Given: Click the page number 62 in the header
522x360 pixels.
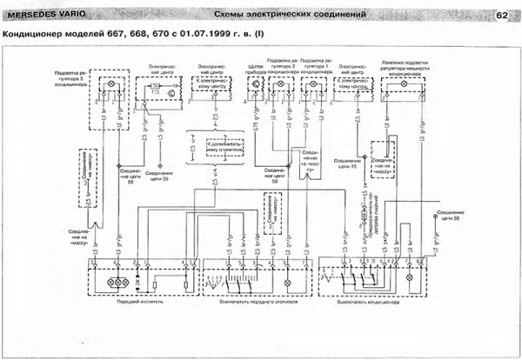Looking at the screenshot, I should click(502, 15).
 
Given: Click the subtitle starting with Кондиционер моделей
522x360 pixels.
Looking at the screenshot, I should click(131, 35).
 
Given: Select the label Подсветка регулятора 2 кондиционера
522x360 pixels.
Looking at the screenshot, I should click(282, 70).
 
